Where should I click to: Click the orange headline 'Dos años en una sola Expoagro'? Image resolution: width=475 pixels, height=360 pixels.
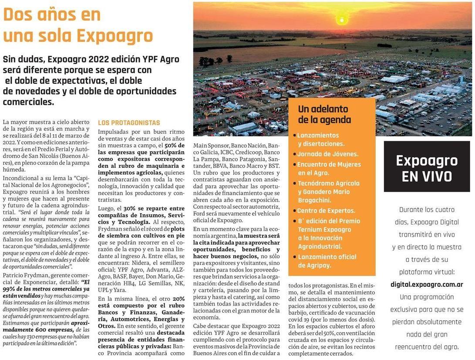[x=78, y=26]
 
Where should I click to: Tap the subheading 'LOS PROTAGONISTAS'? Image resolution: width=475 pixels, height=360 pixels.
[x=129, y=123]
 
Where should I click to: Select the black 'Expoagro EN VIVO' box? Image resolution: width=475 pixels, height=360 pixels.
[x=427, y=167]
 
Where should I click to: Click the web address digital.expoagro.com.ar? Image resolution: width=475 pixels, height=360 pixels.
[x=427, y=285]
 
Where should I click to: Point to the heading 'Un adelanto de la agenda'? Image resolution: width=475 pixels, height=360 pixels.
[x=324, y=114]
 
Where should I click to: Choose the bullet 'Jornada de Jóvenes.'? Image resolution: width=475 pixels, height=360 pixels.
[x=328, y=154]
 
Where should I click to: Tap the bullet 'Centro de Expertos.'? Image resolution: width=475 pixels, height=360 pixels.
[x=326, y=211]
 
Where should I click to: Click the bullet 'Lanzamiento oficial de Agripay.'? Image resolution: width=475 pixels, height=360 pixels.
[x=327, y=261]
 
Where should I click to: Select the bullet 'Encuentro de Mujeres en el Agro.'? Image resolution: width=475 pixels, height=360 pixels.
[x=329, y=168]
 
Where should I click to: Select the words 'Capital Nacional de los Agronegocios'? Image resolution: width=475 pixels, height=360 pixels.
[x=44, y=181]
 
